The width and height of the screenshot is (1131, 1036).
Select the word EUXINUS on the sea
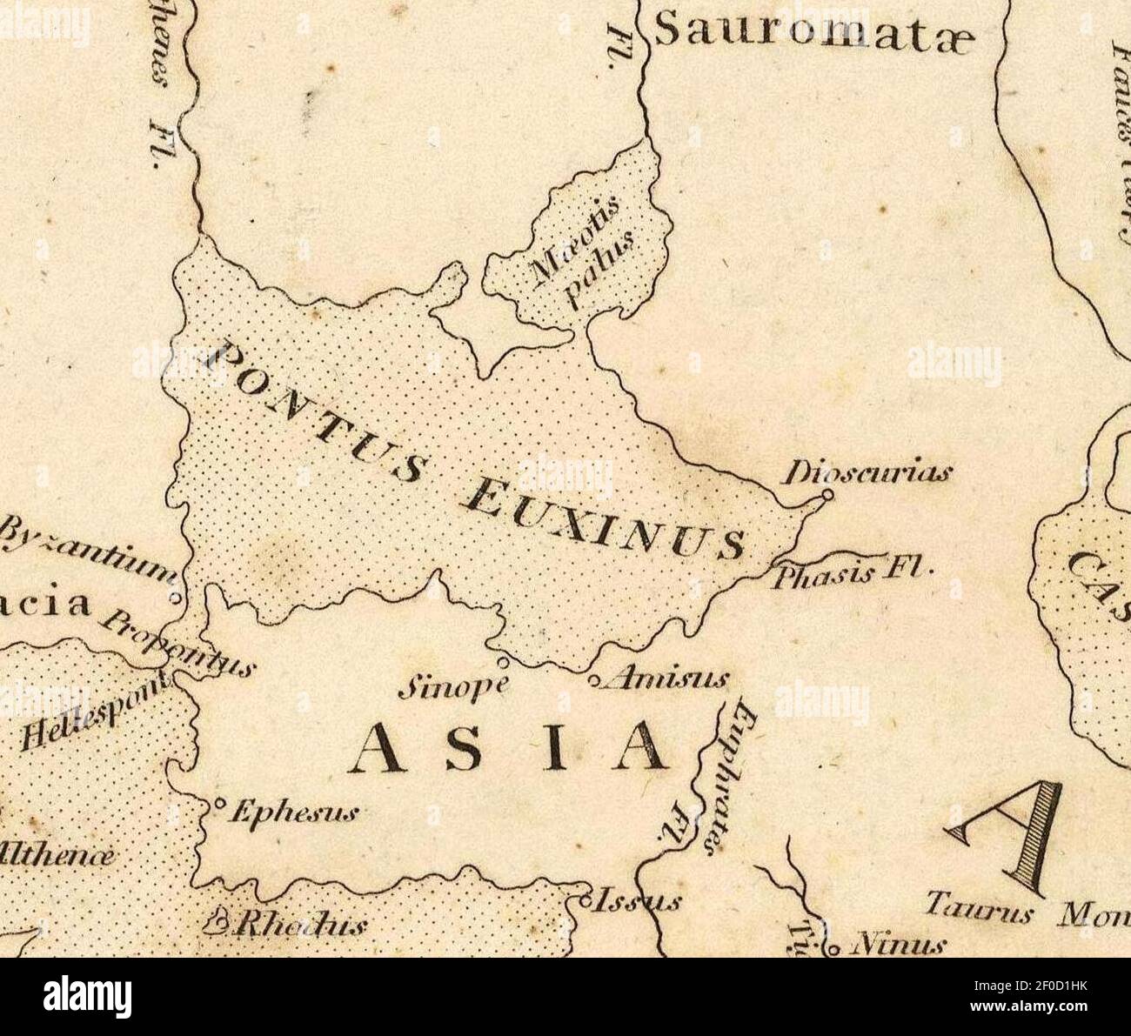(602, 518)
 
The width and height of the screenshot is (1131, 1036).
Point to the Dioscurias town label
(868, 474)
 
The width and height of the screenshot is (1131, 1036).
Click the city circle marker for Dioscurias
(827, 495)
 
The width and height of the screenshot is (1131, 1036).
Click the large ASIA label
(510, 748)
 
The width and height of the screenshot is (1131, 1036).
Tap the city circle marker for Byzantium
(175, 598)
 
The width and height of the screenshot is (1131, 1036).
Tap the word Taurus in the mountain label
(978, 911)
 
